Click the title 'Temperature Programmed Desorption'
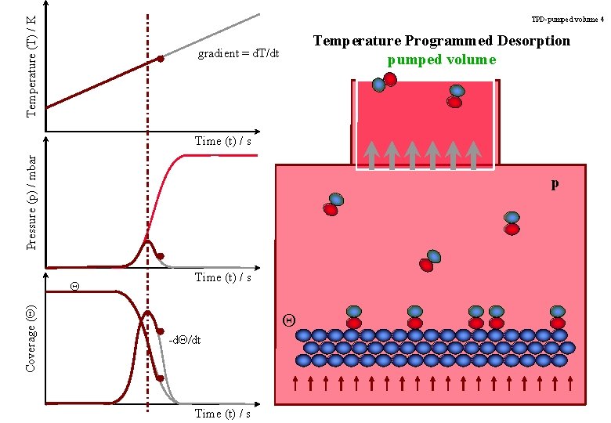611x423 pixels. tap(442, 41)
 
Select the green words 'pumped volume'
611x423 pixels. tap(442, 60)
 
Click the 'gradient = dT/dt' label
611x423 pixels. tap(238, 53)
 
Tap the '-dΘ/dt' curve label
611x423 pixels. tap(185, 340)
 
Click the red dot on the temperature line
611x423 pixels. tap(161, 59)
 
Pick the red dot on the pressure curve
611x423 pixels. tap(161, 256)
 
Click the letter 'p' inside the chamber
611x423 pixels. tap(555, 184)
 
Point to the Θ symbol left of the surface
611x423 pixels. tap(288, 320)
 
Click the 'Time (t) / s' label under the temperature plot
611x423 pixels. tap(222, 141)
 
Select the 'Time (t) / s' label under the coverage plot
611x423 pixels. tap(222, 414)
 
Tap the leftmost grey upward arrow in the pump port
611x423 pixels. tap(371, 153)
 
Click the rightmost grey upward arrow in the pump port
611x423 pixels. tap(472, 153)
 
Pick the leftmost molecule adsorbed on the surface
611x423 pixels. tap(354, 316)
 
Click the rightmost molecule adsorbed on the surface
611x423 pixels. tap(557, 316)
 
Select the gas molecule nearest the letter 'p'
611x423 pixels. tap(512, 222)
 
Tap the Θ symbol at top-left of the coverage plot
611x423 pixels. tap(74, 285)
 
